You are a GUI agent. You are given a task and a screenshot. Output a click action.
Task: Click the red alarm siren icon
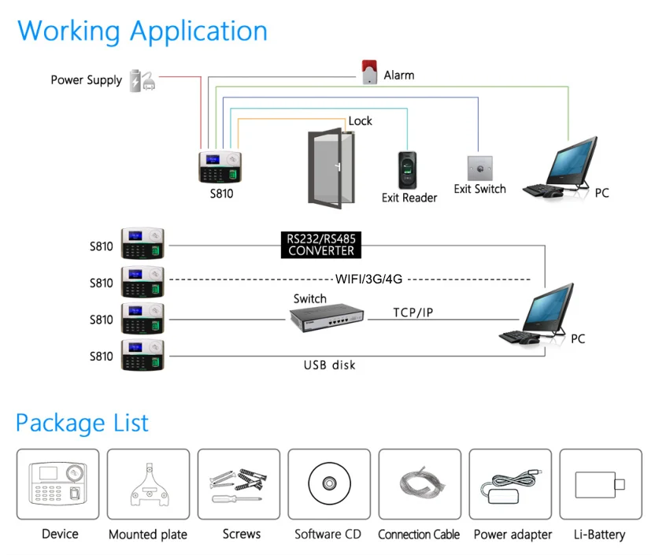tap(368, 72)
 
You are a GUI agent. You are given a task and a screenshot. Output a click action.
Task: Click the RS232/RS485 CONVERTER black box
tap(320, 244)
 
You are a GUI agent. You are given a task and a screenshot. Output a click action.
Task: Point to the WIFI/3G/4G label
tap(368, 278)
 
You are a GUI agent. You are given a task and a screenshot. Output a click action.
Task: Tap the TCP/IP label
tap(413, 313)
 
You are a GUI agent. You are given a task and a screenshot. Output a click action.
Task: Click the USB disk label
tap(330, 364)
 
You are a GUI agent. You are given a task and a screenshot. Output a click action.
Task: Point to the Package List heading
tap(83, 423)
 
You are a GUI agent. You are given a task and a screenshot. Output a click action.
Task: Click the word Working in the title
tap(69, 31)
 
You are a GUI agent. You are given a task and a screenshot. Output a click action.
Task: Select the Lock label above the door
tap(360, 120)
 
